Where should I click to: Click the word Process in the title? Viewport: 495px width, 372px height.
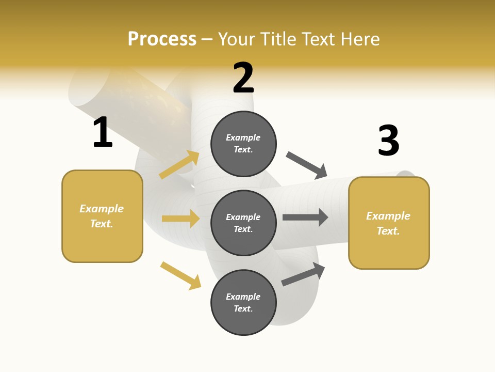(162, 39)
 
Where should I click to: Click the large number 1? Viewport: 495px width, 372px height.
(103, 133)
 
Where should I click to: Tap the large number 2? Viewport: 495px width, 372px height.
(243, 78)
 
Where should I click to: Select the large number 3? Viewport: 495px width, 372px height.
(388, 141)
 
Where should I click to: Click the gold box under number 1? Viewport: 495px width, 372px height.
(102, 216)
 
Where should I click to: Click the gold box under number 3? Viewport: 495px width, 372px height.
(389, 223)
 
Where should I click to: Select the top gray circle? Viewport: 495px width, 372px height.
(243, 144)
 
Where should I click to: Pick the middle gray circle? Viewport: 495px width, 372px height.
(243, 223)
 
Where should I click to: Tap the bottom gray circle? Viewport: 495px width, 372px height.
(243, 302)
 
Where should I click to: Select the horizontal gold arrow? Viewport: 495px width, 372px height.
(180, 219)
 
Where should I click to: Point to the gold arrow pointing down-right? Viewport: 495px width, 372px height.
(180, 275)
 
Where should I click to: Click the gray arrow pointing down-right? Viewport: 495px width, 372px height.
(307, 165)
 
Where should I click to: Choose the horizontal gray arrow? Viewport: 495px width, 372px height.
(305, 217)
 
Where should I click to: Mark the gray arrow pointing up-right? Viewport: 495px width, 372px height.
(303, 274)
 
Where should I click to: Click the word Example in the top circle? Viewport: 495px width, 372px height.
(243, 138)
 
